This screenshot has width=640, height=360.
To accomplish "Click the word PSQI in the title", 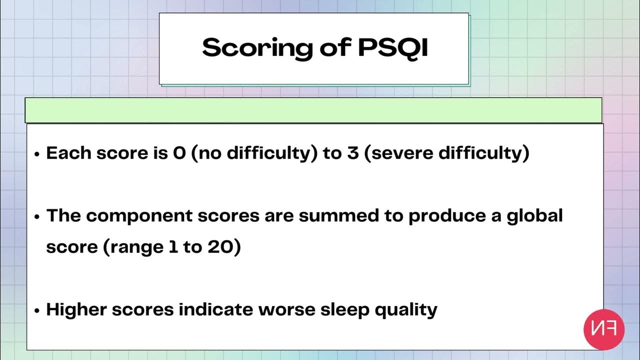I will (393, 47).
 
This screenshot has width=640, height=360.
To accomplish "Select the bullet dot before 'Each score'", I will (37, 154).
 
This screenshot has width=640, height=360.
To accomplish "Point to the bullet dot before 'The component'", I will (37, 217).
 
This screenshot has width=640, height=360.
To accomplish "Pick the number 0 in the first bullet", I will (179, 153).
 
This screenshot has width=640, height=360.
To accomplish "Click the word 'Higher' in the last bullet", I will (76, 310).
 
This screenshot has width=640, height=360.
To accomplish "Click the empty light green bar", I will (313, 110).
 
